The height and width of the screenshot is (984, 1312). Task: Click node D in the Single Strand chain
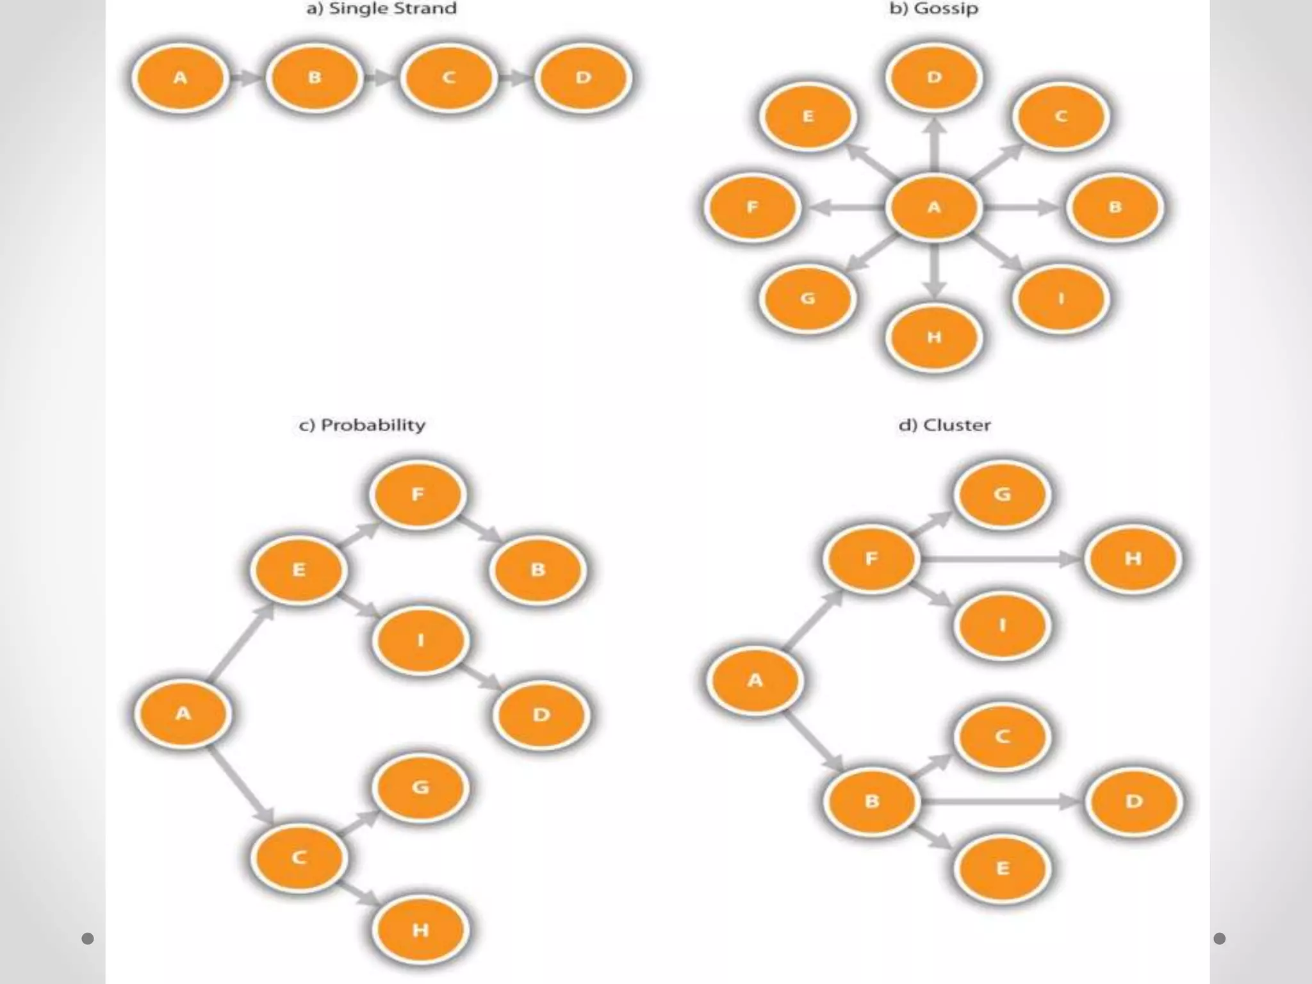(583, 78)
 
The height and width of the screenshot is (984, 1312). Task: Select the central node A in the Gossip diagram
(933, 208)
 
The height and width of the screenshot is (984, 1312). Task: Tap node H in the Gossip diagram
(933, 337)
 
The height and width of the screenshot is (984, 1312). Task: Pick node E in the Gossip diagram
(808, 117)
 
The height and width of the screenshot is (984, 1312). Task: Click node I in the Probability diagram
(420, 640)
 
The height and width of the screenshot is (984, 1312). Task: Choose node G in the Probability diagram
(420, 787)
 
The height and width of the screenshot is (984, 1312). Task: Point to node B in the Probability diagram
(538, 570)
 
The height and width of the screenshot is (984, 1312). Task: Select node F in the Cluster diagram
(871, 559)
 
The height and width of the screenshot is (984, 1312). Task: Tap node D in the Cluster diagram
(1134, 801)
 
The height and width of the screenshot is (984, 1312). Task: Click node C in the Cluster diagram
(1002, 737)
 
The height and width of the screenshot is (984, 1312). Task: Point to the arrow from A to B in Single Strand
(247, 78)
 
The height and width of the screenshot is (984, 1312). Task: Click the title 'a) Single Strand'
(381, 9)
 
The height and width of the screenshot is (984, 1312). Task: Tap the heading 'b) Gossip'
(933, 9)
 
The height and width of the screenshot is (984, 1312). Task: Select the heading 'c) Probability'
(362, 425)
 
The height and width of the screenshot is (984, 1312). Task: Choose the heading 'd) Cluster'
(944, 425)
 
